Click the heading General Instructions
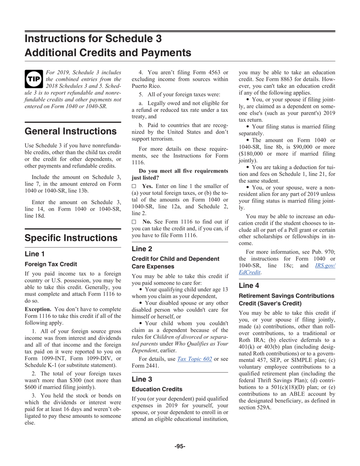click(70, 131)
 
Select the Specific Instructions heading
click(71, 238)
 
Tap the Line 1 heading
click(34, 254)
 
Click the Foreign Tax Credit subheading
click(51, 264)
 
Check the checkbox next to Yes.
click(134, 186)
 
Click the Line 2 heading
click(142, 249)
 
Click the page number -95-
click(180, 446)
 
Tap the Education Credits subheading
click(157, 389)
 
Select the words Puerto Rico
click(146, 86)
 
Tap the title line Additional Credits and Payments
click(108, 52)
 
